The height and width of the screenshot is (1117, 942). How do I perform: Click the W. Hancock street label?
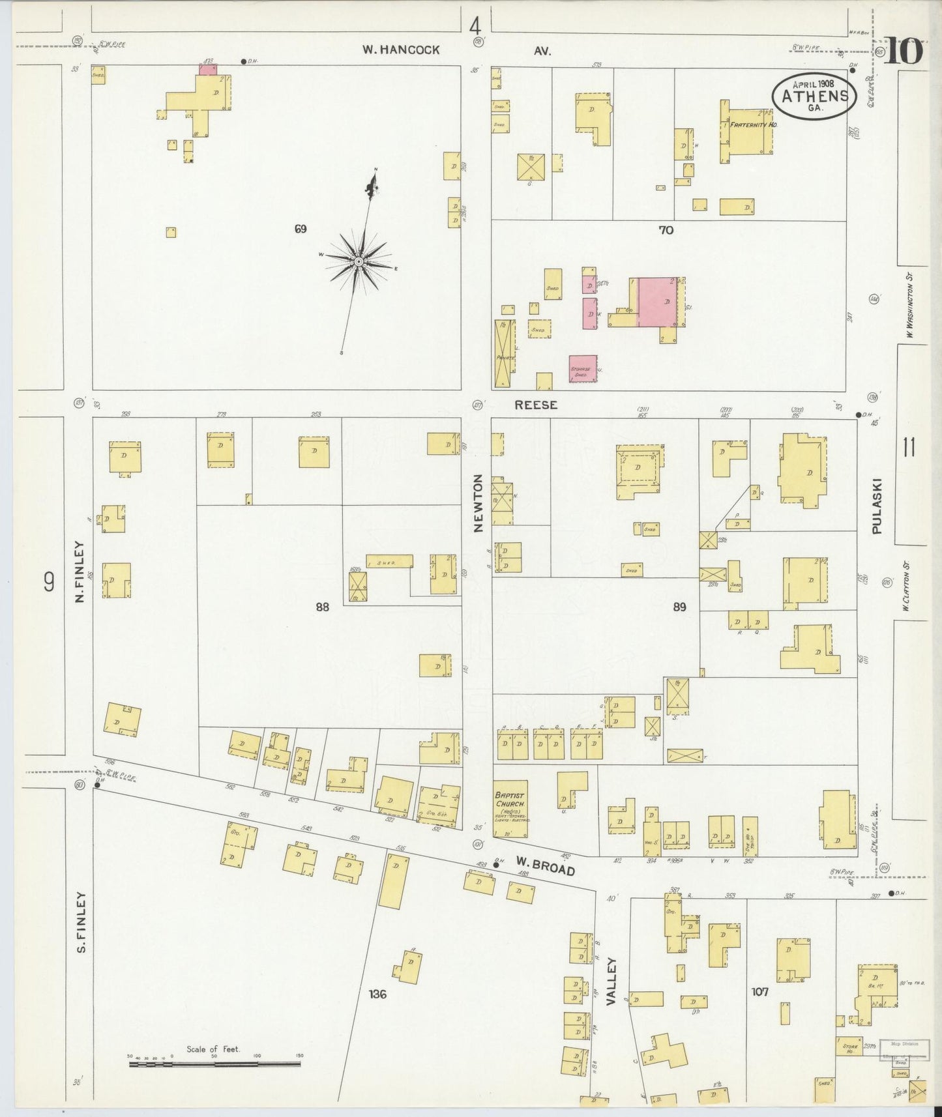coord(402,50)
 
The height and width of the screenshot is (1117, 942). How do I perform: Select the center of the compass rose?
coord(358,261)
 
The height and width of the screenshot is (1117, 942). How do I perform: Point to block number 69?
coord(300,229)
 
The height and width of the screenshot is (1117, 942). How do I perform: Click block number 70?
coord(666,229)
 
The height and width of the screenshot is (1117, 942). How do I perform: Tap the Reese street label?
coord(536,405)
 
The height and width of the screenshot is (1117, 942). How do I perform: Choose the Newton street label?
coord(478,503)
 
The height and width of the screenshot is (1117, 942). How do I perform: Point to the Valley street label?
coord(611,981)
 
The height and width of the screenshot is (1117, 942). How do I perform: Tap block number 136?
coord(377,994)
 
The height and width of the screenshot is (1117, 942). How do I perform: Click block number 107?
coord(759,992)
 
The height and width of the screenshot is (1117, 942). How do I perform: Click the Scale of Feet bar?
coord(215,1064)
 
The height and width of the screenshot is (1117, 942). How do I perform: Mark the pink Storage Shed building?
coord(583,368)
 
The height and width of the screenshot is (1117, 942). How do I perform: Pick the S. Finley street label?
coord(81,921)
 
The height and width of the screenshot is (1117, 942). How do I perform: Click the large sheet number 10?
coord(904,51)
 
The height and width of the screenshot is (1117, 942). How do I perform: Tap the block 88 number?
coord(322,607)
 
